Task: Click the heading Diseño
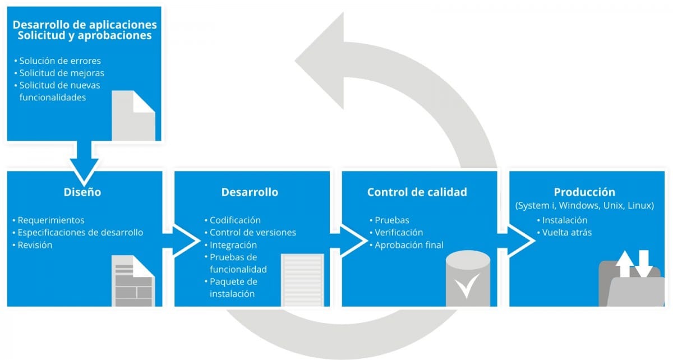click(82, 192)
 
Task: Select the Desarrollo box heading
click(250, 192)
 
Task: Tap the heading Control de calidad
click(417, 192)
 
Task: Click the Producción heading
click(584, 192)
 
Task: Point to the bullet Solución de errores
click(60, 61)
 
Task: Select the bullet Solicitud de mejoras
click(62, 73)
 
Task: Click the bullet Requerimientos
click(51, 220)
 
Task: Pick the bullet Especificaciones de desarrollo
click(80, 232)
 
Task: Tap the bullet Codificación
click(235, 220)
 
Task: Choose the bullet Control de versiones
click(253, 232)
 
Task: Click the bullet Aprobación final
click(409, 244)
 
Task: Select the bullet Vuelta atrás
click(566, 232)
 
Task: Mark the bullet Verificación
click(399, 232)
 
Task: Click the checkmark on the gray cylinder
click(467, 285)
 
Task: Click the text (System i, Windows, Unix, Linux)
click(584, 206)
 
